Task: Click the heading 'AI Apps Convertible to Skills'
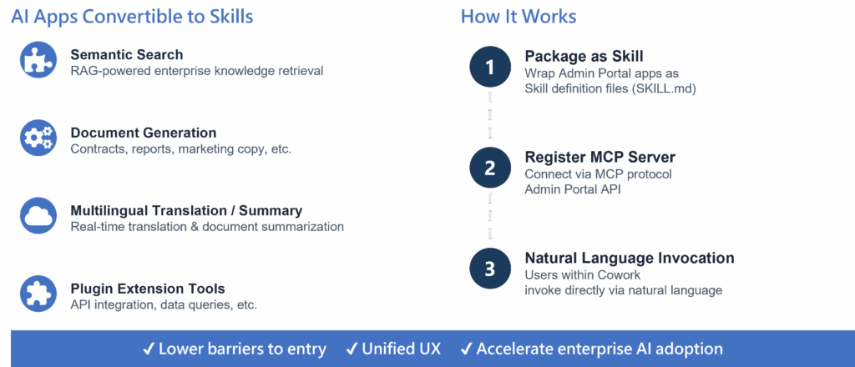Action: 132,17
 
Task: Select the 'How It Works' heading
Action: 518,17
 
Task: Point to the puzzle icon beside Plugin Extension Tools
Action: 38,294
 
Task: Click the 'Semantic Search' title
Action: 127,56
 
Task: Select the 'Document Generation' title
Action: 144,133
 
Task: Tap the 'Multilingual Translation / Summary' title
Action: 186,211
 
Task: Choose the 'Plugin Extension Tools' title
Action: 148,289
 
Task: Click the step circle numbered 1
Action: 490,68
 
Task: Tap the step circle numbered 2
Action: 490,168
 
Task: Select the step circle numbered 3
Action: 490,268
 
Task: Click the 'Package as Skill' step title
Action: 584,56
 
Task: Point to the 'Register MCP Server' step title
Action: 600,157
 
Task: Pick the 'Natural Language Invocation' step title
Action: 629,258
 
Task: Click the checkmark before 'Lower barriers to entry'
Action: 148,349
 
